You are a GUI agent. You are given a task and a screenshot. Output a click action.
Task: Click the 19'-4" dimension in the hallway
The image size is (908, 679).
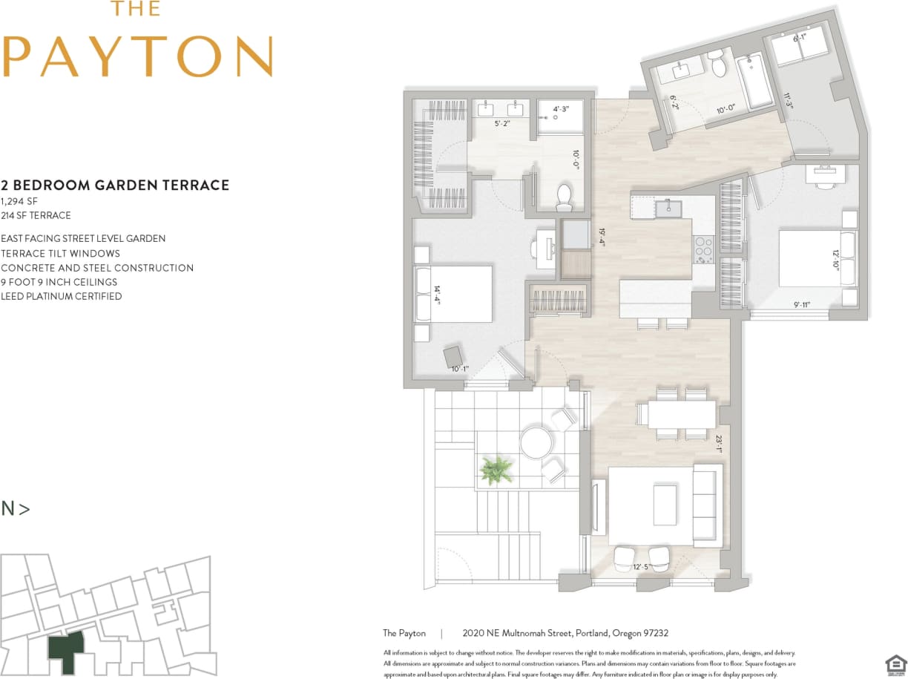pos(602,235)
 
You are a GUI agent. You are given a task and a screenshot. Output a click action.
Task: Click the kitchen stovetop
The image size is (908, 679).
pos(703,249)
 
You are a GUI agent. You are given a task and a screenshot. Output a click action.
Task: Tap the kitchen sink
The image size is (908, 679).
pos(668,209)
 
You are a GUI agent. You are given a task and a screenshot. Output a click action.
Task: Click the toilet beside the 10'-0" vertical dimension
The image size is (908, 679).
pos(565,197)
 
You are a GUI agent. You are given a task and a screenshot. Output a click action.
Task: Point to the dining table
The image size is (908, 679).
pos(681,414)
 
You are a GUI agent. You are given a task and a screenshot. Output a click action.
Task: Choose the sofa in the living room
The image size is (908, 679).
pos(706,505)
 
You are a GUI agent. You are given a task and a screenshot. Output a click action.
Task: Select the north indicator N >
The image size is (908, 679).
pos(16,509)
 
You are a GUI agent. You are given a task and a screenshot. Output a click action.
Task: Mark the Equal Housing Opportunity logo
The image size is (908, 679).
pos(895,662)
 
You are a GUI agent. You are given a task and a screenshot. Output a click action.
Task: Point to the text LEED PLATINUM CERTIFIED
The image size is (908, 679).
pos(62,296)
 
